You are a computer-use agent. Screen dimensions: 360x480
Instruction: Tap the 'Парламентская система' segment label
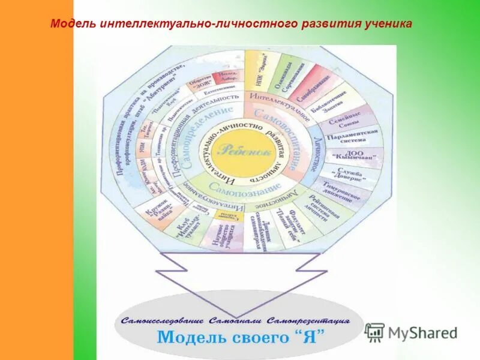coord(356,137)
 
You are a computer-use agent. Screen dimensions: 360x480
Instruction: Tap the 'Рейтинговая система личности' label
coord(320,207)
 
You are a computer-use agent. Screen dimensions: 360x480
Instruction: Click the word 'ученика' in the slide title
coord(389,24)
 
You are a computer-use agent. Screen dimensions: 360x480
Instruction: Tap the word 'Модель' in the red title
coord(70,24)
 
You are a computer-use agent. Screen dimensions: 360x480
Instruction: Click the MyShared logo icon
coord(374,332)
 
